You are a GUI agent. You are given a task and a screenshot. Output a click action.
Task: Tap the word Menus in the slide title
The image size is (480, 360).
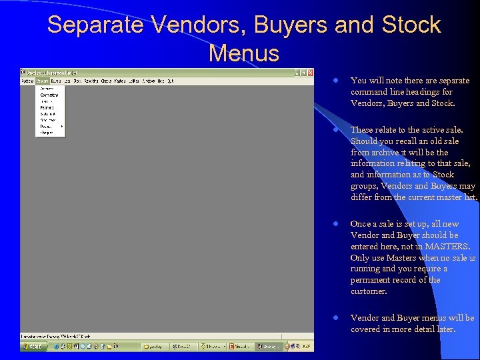[x=243, y=52]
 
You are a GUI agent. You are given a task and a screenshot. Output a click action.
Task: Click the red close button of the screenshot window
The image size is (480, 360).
[x=309, y=72]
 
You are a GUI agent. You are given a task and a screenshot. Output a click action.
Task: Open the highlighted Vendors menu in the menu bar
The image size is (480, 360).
[x=43, y=81]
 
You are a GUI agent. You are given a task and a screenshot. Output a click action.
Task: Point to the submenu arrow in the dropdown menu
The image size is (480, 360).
[x=62, y=126]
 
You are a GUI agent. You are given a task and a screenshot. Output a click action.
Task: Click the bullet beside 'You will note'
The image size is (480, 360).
[x=337, y=81]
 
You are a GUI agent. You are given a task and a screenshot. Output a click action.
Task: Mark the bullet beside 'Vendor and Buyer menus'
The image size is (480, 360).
[x=337, y=318]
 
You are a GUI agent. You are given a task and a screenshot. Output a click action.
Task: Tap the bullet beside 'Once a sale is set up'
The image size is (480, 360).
[x=337, y=224]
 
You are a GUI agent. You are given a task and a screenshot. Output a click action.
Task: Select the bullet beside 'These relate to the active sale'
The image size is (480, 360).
[x=337, y=130]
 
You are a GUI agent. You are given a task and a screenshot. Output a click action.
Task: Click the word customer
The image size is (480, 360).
[x=368, y=291]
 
